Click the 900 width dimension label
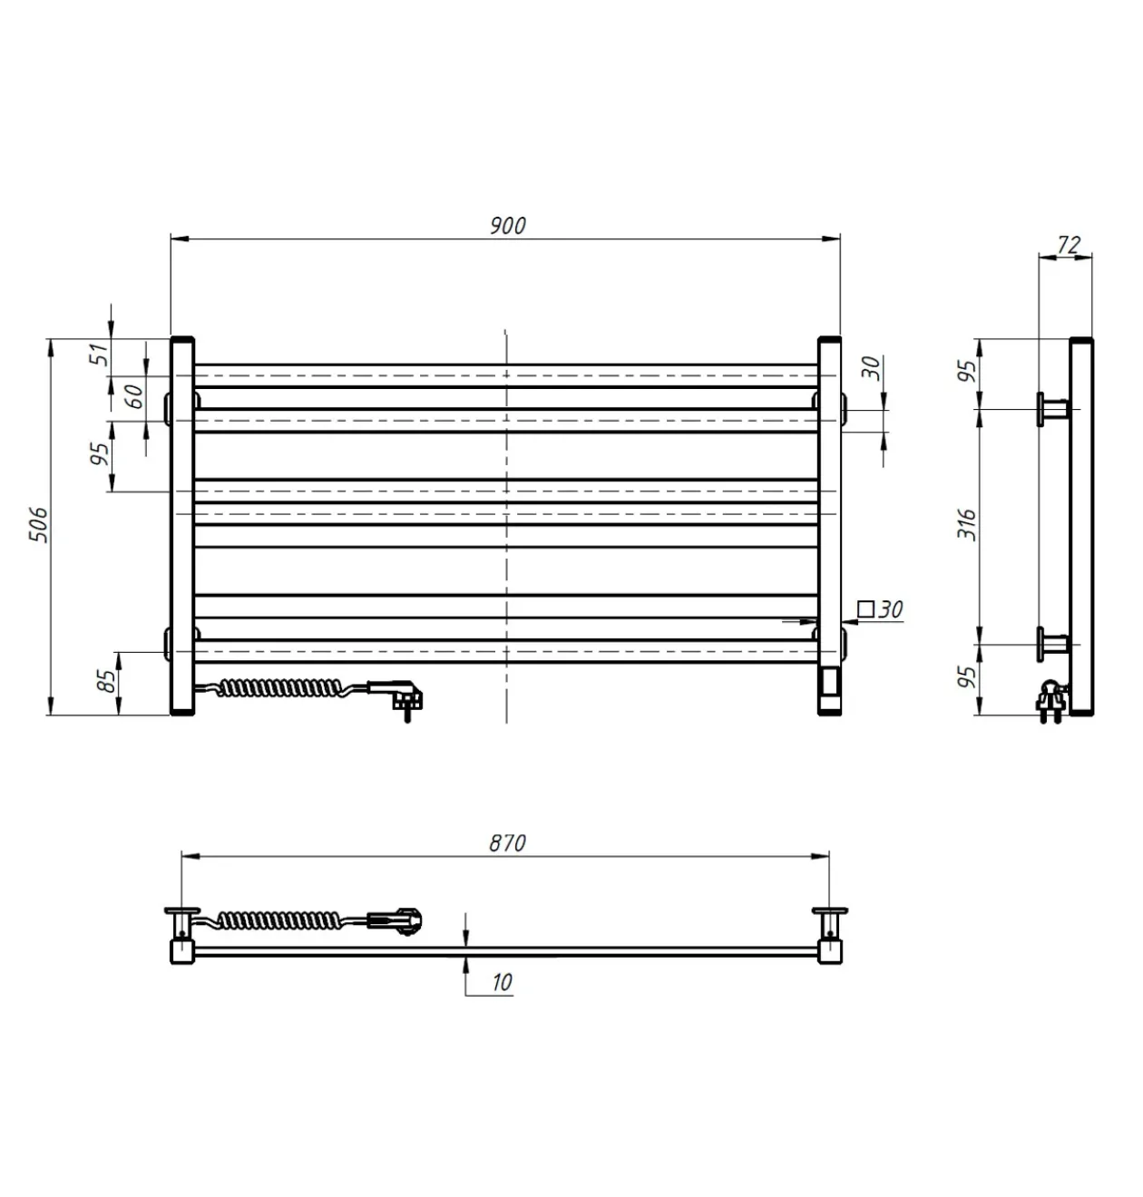pyautogui.click(x=507, y=226)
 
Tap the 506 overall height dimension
pyautogui.click(x=38, y=524)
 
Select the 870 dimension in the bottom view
pyautogui.click(x=507, y=843)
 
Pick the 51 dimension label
pyautogui.click(x=99, y=355)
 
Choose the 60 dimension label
pyautogui.click(x=134, y=397)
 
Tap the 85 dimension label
pyautogui.click(x=107, y=681)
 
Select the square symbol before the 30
pyautogui.click(x=865, y=608)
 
